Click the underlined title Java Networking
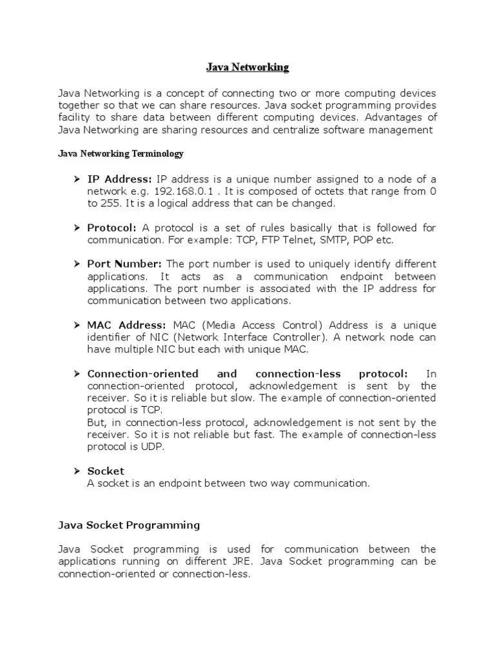tap(247, 67)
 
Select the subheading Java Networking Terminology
tap(121, 154)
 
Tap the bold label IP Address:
tap(120, 179)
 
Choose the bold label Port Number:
tap(126, 264)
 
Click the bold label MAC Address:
tap(127, 325)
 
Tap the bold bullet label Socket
tap(106, 471)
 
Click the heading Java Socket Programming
tap(129, 525)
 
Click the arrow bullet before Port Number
tap(75, 264)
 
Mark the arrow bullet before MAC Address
tap(75, 325)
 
